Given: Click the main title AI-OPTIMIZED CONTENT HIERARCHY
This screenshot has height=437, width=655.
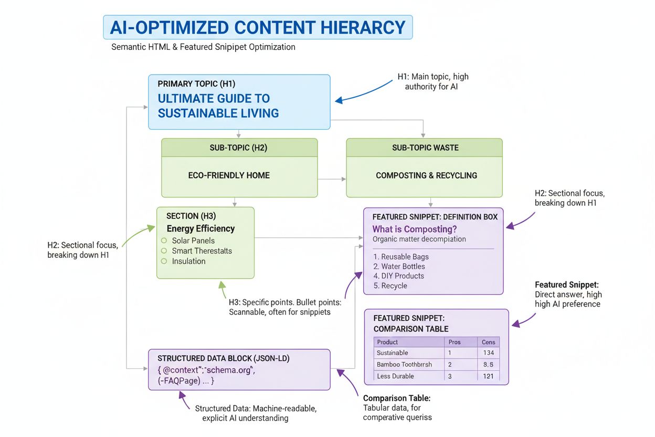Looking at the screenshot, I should [x=257, y=27].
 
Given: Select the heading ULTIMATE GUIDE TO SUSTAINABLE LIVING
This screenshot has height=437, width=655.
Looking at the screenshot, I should [x=218, y=106].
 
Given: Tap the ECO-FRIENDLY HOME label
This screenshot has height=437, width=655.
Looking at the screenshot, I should [x=229, y=175].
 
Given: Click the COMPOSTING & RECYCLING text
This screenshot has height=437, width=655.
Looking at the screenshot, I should [x=426, y=175].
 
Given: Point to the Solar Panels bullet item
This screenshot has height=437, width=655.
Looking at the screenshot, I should [x=193, y=241].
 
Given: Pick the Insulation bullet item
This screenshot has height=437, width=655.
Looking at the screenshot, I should [x=188, y=261].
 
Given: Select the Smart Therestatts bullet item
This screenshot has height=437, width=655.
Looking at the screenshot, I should [x=202, y=251].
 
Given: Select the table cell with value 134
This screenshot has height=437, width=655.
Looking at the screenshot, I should [x=488, y=353].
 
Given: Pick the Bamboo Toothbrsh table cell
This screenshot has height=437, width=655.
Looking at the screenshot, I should [x=405, y=364].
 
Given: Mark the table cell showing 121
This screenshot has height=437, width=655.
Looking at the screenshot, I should [x=488, y=376].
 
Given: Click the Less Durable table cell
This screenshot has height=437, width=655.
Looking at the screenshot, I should [x=395, y=376].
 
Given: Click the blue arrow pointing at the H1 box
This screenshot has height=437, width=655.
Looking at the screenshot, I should [x=362, y=95].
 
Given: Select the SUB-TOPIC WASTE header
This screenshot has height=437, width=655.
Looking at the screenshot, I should [x=425, y=148].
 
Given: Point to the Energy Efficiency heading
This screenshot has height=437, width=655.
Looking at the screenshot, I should [x=200, y=228].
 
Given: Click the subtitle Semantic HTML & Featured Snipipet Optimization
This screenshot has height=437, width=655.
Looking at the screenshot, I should [x=203, y=47].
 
